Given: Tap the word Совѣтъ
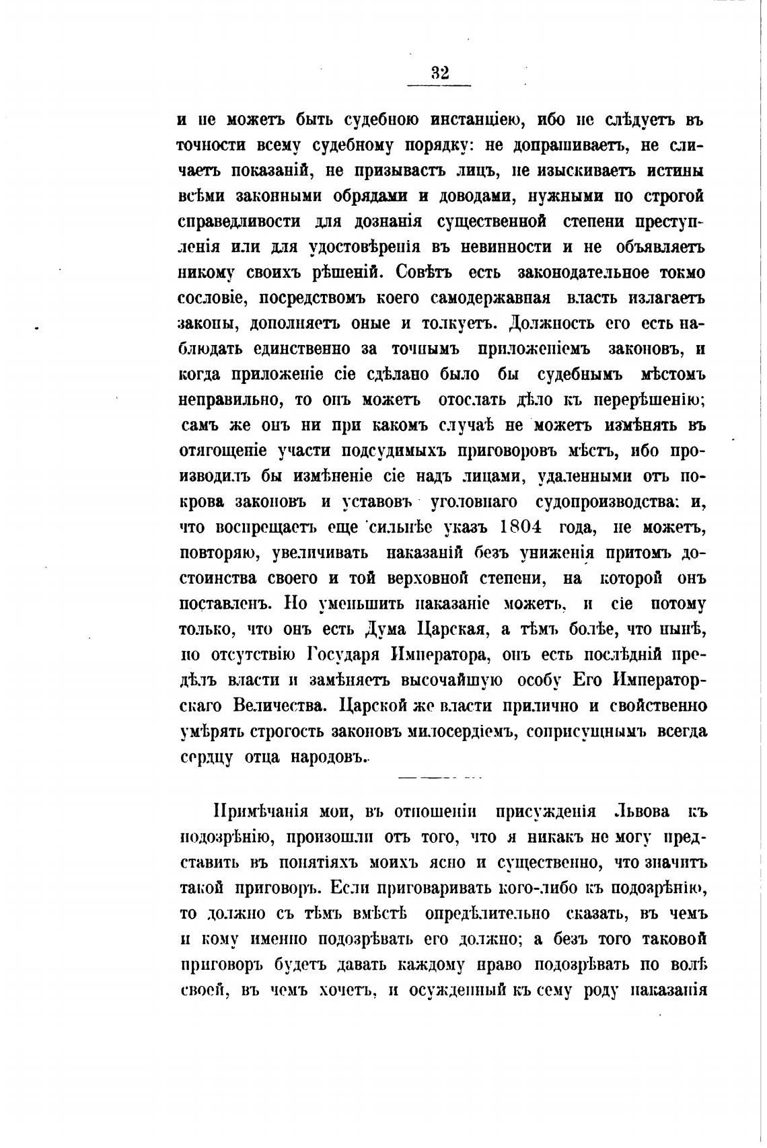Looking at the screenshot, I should point(424,272).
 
